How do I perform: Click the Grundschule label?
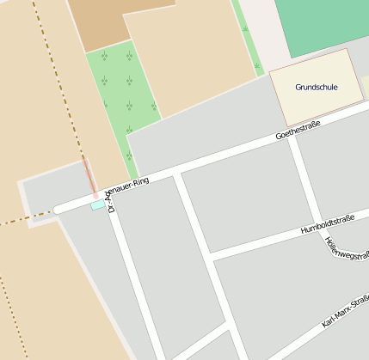coord(317,87)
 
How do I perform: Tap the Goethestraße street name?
coord(298,131)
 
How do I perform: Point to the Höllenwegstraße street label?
coord(347,251)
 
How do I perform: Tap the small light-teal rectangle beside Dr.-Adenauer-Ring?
coord(97,204)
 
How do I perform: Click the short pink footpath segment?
coord(89,177)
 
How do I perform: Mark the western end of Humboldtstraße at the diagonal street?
coord(211,254)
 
